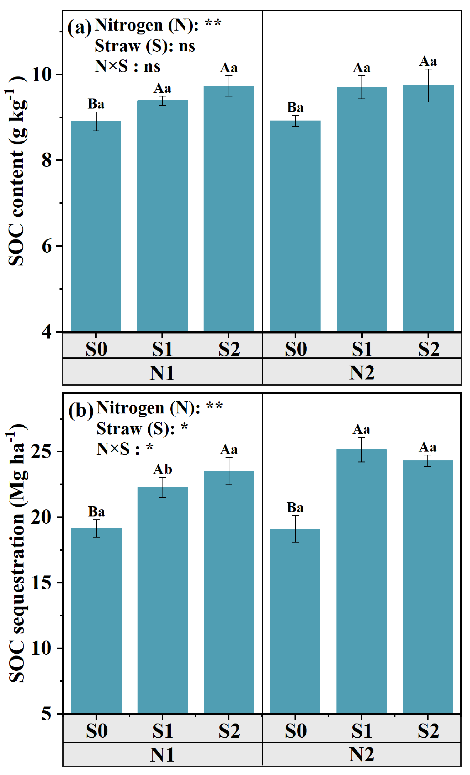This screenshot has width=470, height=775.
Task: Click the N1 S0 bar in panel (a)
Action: coord(96,226)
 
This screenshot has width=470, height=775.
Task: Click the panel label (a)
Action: coord(79,27)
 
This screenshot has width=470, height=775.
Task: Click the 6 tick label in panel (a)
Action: coord(46,246)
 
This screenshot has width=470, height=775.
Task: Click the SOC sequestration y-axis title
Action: coord(17,554)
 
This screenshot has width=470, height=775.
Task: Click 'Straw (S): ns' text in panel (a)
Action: coord(145,46)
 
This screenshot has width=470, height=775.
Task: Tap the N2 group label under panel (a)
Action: coord(362,373)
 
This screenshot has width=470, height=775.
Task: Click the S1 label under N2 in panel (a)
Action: coord(362,349)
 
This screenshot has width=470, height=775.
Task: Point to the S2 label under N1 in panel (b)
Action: coord(229,731)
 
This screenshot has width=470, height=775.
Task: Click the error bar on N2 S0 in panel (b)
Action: coord(295,529)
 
